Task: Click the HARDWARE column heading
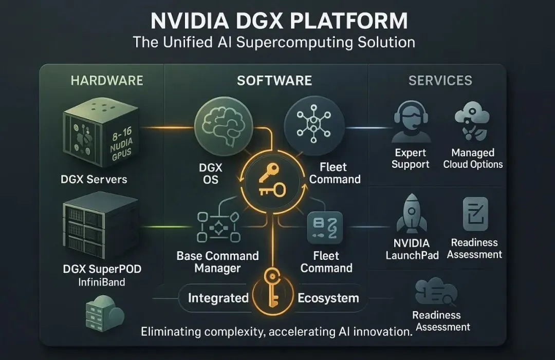click(x=107, y=81)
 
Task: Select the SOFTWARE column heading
click(x=274, y=81)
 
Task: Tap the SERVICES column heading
click(x=440, y=81)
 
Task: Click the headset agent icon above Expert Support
click(x=411, y=122)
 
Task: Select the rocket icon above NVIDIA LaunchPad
click(x=412, y=214)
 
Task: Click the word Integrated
click(x=218, y=298)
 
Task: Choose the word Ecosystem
click(x=328, y=298)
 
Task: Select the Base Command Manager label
click(x=218, y=261)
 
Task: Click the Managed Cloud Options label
click(x=473, y=159)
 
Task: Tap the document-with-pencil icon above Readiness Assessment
click(x=475, y=214)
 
